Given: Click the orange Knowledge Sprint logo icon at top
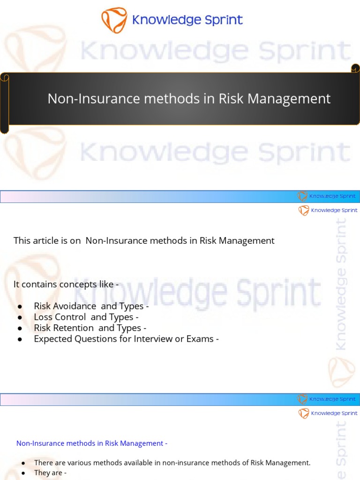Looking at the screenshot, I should pyautogui.click(x=114, y=20).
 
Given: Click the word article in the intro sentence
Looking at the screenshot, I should pyautogui.click(x=49, y=241).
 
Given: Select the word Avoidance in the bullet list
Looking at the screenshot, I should pyautogui.click(x=75, y=306).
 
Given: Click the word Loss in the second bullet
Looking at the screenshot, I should pyautogui.click(x=43, y=317).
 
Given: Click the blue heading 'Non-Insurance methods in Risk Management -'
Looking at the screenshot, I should pyautogui.click(x=92, y=443).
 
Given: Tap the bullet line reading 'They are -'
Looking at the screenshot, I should pyautogui.click(x=50, y=473).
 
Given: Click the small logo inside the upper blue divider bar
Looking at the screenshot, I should pyautogui.click(x=303, y=196).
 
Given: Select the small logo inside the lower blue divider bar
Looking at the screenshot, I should pyautogui.click(x=303, y=399).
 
